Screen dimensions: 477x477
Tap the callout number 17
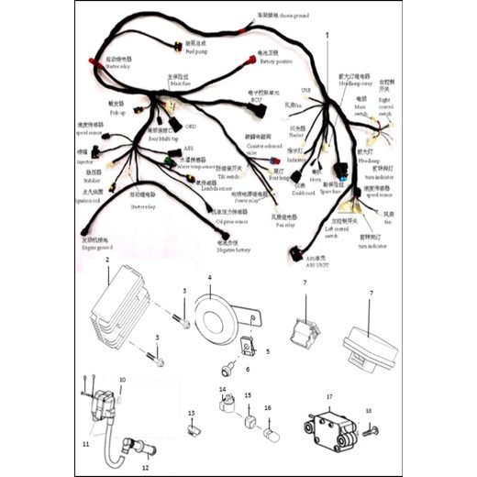[x=327, y=397]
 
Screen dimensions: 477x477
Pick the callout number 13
[x=192, y=414]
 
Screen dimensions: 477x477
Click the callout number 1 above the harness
[x=327, y=34]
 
